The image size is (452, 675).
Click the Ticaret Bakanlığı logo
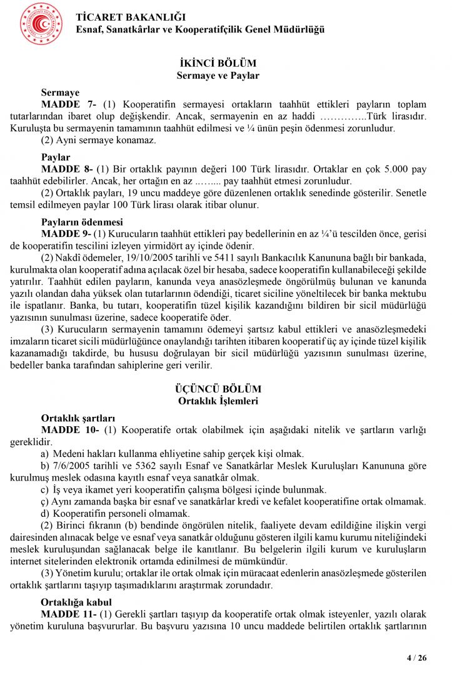point(41,24)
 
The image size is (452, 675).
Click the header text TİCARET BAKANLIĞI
point(131,17)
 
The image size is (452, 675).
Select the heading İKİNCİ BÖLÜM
point(218,64)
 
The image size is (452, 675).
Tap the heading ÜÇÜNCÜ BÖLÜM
point(218,389)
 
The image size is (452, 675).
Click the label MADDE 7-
point(67,104)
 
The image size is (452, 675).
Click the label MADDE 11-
point(67,614)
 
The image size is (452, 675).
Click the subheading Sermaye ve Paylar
point(218,76)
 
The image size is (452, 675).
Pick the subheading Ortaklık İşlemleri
point(218,401)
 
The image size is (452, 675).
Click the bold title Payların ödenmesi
point(82,222)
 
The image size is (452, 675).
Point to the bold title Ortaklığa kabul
point(76,602)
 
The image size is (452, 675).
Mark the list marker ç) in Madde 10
point(44,502)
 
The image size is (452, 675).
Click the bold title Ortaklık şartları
point(78,417)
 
